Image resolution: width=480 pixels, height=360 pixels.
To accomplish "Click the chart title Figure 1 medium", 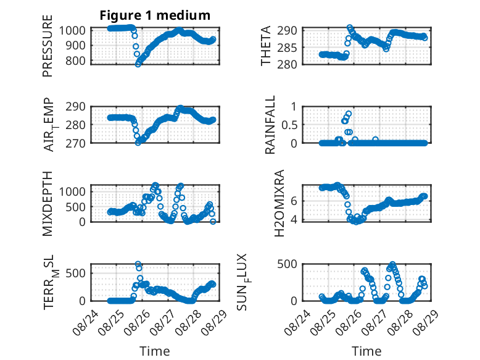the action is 155,15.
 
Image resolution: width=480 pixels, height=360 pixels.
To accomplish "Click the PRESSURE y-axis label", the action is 48,46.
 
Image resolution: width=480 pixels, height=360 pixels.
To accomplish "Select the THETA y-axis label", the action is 266,46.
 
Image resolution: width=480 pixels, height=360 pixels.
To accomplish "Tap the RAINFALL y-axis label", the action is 270,125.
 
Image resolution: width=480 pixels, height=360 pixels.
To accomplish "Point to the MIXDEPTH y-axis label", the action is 48,204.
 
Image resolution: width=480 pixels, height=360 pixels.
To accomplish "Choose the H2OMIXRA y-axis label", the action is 279,203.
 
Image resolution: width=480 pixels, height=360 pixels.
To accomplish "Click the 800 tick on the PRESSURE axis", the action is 75,61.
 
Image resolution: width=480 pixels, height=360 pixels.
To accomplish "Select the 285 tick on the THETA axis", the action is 287,48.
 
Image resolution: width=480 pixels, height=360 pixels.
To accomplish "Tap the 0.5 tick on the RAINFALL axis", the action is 289,125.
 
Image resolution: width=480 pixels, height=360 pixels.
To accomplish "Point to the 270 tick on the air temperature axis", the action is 75,143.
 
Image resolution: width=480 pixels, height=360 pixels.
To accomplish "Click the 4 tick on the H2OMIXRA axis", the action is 294,220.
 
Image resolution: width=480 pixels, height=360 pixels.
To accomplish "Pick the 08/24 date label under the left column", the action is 86,322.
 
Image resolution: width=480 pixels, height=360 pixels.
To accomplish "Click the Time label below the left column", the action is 155,351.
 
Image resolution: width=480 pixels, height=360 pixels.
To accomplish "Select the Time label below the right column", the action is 366,351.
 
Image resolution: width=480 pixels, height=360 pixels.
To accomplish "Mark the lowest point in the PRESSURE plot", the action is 138,64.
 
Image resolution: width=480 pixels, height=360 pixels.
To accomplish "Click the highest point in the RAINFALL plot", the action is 349,114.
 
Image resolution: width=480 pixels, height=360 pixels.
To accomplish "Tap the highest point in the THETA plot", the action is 350,28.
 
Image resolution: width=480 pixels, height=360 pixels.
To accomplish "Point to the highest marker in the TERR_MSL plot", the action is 138,264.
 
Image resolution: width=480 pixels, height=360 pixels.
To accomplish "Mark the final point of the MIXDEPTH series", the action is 213,222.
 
